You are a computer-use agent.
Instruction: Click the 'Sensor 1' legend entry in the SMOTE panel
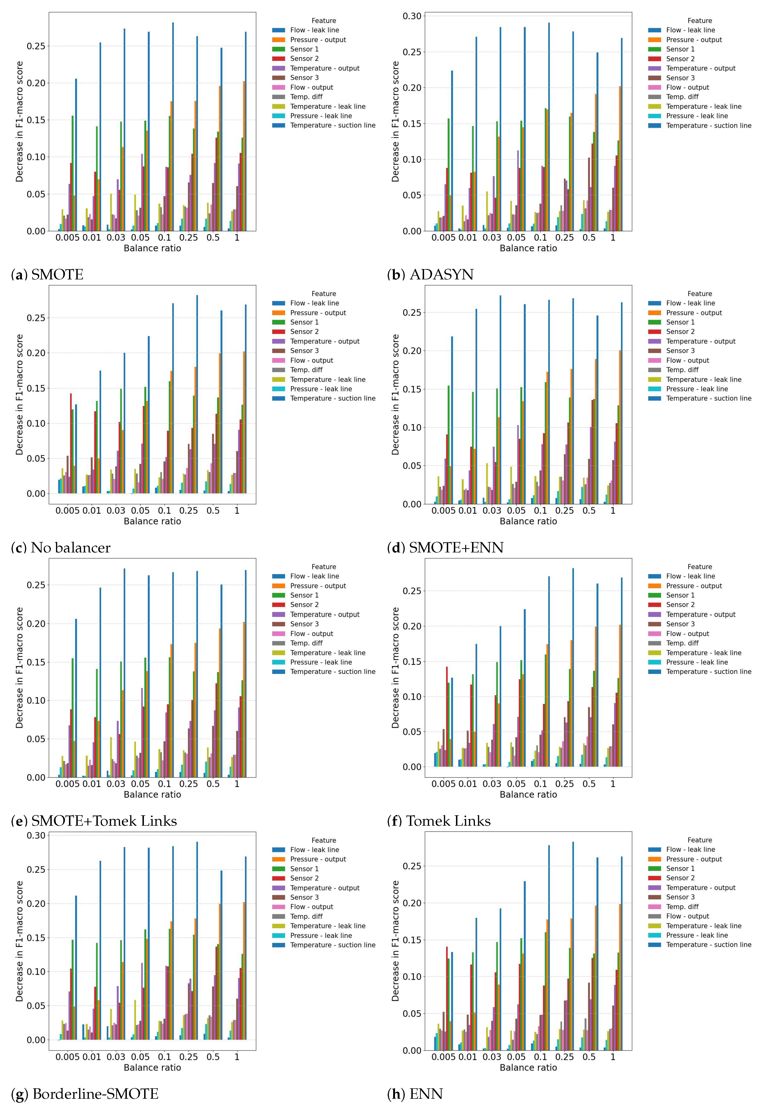tap(304, 49)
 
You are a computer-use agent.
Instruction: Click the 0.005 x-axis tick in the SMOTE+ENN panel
tap(443, 511)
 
